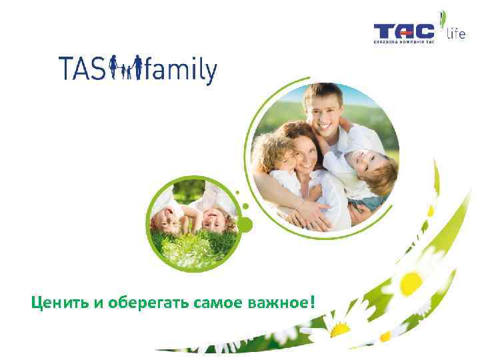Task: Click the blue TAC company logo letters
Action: coord(403,31)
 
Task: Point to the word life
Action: coord(456,33)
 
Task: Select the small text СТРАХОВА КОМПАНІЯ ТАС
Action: coord(403,42)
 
